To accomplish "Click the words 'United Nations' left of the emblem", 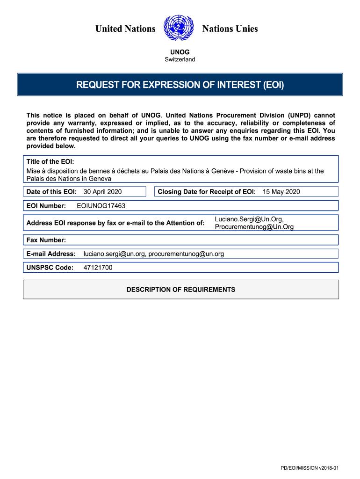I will point(125,29).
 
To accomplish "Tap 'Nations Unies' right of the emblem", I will point(230,29).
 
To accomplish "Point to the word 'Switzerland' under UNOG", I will point(180,59).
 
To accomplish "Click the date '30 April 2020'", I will point(102,191).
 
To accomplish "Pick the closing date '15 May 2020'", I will point(281,191).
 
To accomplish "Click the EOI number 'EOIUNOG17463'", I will point(101,205).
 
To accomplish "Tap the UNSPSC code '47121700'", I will point(98,268).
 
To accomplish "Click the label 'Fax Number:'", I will point(46,240).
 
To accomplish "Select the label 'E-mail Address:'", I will point(51,254).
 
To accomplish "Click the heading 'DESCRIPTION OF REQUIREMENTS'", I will point(181,290).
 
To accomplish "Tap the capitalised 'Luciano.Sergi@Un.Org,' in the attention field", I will point(249,219).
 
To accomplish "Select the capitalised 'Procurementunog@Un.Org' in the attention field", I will point(254,227).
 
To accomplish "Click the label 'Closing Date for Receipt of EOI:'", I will point(207,191).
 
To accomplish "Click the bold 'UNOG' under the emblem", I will point(180,52).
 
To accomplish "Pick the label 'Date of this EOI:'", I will point(51,191).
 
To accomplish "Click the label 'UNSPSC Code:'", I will point(50,268).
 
